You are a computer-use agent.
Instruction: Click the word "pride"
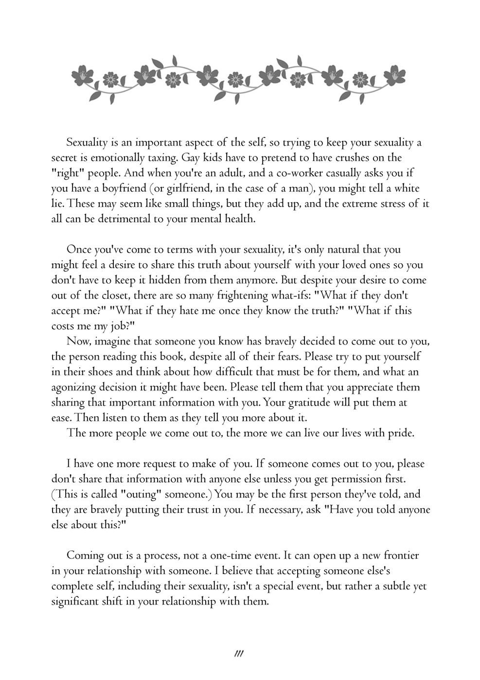400,433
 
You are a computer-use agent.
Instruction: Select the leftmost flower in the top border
83,77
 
